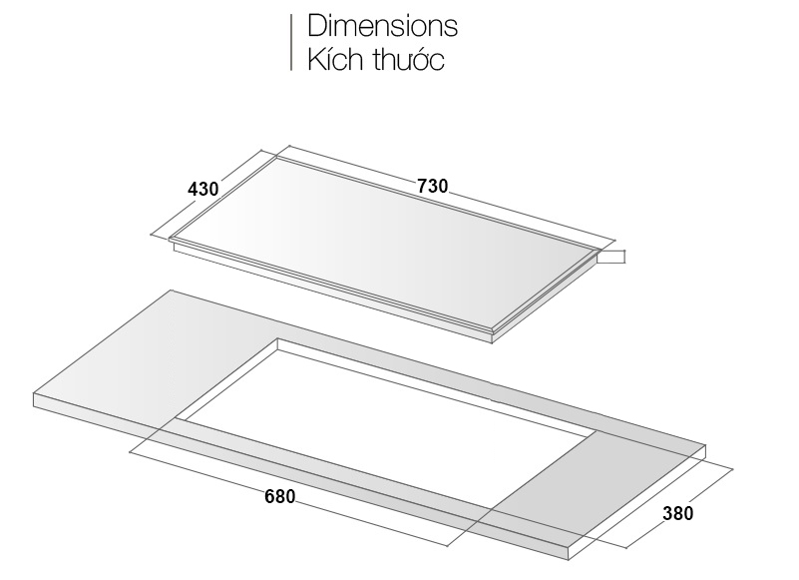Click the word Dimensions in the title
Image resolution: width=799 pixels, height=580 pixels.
tap(382, 26)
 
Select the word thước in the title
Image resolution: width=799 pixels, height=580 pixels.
tap(409, 59)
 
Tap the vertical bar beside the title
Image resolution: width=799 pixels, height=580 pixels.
tap(291, 42)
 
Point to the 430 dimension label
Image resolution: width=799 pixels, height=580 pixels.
tap(202, 189)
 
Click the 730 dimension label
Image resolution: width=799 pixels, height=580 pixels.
tap(433, 187)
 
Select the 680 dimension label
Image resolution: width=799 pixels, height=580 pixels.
tap(279, 496)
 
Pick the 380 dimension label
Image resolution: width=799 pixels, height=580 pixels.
tap(677, 513)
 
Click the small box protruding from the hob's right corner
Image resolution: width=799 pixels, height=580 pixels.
tap(611, 257)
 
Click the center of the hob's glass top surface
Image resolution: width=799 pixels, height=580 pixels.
tap(386, 245)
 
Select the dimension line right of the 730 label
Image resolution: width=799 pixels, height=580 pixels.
tap(532, 217)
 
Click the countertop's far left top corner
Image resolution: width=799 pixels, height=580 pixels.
tap(172, 290)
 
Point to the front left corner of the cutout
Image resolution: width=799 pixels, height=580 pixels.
tap(176, 419)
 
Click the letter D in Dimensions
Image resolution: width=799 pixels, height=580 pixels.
tap(316, 26)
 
